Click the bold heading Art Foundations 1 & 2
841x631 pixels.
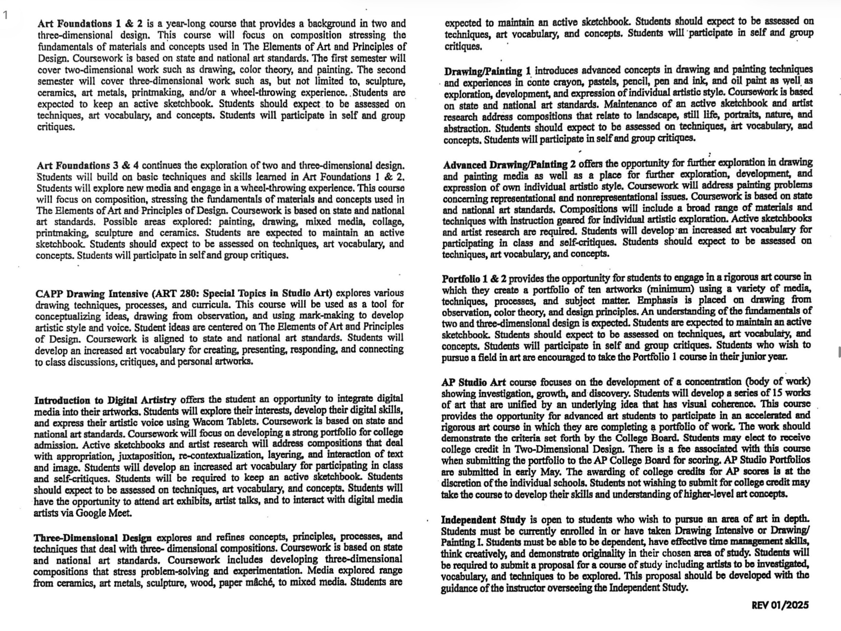90,24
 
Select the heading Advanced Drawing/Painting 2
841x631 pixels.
509,165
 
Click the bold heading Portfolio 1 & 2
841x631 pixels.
474,279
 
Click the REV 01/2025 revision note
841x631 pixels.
780,605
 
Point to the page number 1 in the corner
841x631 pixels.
5,15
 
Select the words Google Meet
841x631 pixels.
104,513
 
